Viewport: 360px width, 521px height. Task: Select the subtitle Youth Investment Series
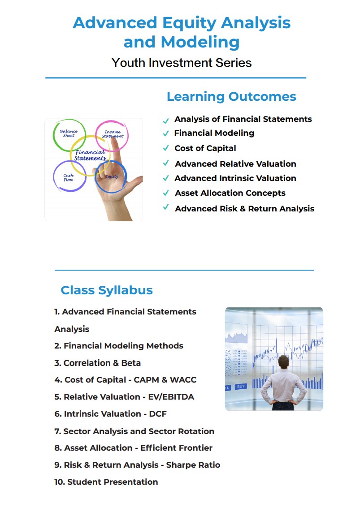182,63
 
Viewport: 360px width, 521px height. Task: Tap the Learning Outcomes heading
231,96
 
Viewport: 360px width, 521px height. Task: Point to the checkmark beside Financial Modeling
166,133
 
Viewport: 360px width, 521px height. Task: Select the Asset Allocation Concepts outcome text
230,193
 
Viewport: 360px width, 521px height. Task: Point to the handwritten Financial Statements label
90,155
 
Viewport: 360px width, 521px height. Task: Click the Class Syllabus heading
107,290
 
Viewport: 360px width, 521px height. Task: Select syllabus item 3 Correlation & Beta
97,363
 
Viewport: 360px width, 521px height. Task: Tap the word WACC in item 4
183,380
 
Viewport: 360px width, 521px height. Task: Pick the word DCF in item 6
158,413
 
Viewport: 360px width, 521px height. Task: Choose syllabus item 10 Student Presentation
106,482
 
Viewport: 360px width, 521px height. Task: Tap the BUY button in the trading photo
241,387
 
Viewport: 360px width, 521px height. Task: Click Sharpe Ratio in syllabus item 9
193,465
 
